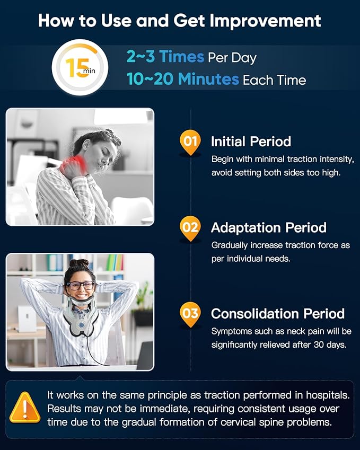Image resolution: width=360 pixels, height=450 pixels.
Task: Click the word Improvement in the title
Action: click(265, 22)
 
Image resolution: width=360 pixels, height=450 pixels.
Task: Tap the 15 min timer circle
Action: click(80, 67)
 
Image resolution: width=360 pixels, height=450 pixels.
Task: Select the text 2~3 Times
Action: click(165, 56)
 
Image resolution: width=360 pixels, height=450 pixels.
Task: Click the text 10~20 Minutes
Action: click(182, 79)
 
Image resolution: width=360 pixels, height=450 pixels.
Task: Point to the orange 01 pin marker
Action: click(190, 143)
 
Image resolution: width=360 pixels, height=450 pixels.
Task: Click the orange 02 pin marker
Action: click(190, 228)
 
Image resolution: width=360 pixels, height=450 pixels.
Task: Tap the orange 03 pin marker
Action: click(190, 314)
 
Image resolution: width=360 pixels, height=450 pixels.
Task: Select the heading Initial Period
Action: click(251, 142)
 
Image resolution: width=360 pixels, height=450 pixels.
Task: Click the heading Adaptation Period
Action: click(269, 227)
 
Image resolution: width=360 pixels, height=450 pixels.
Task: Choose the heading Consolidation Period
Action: click(278, 314)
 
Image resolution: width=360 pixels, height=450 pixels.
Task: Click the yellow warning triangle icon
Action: click(25, 407)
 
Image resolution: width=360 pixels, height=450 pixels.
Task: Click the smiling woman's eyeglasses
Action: click(81, 286)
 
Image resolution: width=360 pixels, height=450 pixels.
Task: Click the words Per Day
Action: click(232, 58)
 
